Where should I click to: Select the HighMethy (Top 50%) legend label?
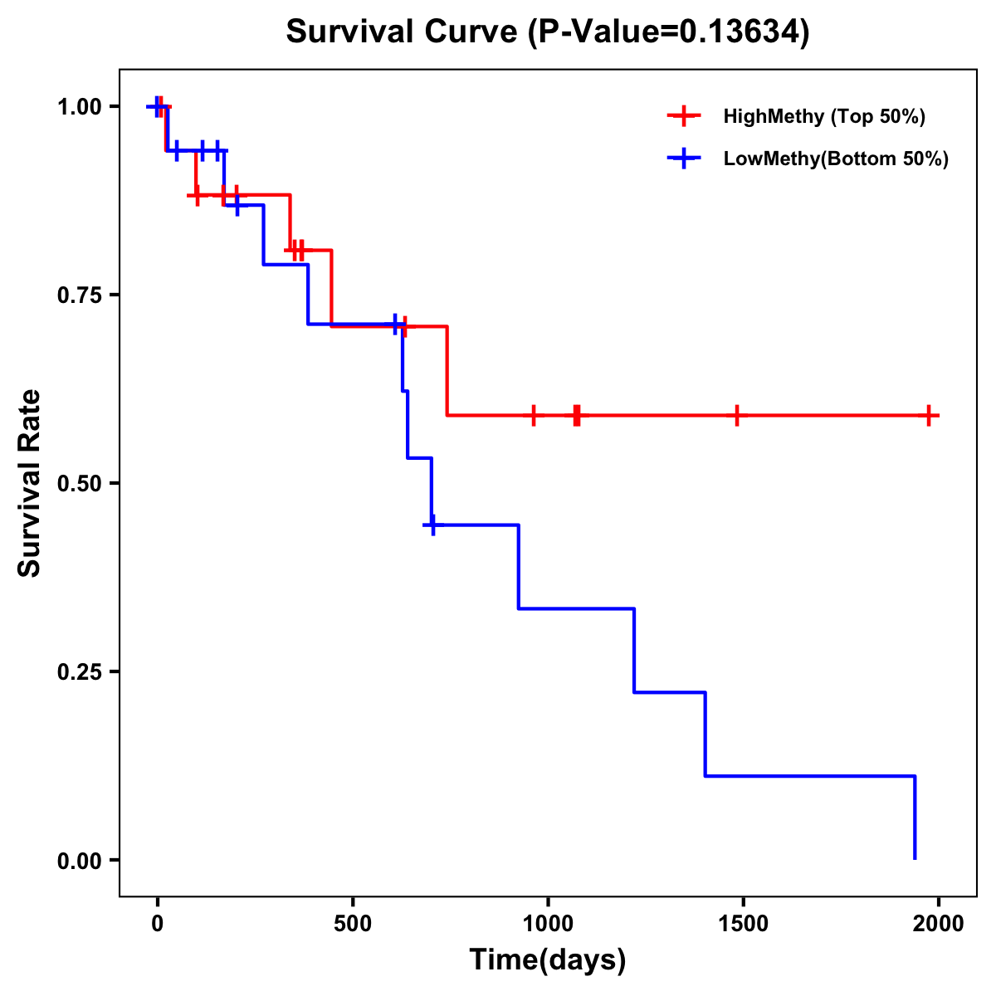[824, 116]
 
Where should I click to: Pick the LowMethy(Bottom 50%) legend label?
[836, 159]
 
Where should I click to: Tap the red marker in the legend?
[684, 116]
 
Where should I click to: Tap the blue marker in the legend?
[684, 159]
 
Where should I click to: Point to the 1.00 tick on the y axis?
[78, 107]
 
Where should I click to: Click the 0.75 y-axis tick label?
[78, 295]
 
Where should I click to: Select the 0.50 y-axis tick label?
[78, 484]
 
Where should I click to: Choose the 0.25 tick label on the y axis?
[78, 672]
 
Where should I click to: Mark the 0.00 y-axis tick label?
[78, 861]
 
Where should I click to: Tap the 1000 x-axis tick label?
[548, 924]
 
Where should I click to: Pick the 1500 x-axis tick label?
[743, 924]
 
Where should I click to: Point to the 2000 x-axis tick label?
[938, 924]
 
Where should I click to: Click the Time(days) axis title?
[548, 960]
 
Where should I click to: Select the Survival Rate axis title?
[31, 482]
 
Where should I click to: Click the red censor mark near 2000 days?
[930, 415]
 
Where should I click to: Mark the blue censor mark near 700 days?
[432, 525]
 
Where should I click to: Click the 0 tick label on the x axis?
[157, 924]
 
